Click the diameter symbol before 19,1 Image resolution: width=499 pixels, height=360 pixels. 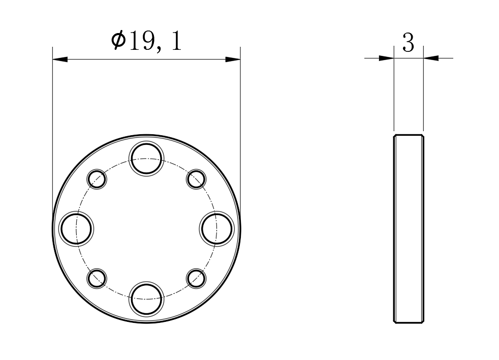pyautogui.click(x=118, y=40)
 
